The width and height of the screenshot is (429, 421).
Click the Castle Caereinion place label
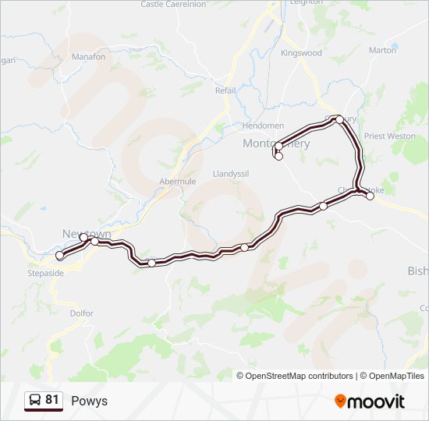coord(173,5)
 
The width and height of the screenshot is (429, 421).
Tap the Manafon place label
coord(88,57)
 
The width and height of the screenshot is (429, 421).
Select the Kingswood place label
coord(301,53)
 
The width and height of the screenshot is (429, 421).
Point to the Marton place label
coord(382,50)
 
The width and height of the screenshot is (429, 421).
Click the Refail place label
coord(225,90)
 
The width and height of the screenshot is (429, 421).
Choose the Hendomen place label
coord(263,126)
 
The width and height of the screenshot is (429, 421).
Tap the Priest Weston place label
coord(390,136)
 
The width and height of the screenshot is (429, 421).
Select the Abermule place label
coord(178,181)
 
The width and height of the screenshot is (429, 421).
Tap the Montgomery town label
coord(276,144)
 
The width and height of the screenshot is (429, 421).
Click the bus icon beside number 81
coord(35,401)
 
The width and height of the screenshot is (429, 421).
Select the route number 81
coord(52,400)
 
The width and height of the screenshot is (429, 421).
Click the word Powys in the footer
coord(89,401)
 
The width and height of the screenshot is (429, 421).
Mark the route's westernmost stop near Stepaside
coord(59,256)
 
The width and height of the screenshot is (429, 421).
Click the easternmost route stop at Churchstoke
coord(370,196)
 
